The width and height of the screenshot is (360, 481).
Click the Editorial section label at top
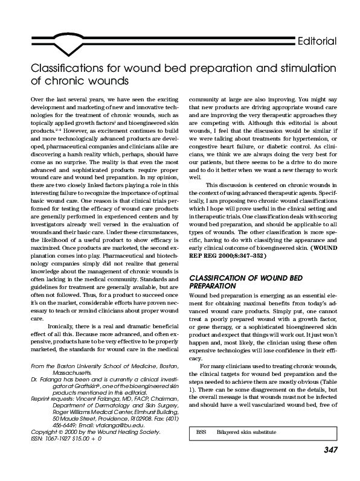point(316,41)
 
